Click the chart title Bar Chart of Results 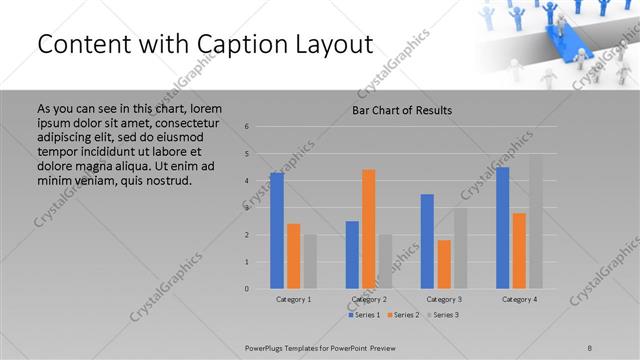[x=401, y=109]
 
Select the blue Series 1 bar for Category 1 [x=277, y=231]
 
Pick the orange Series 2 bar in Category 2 [x=368, y=229]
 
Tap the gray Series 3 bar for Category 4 [x=535, y=222]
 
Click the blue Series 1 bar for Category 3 [x=427, y=241]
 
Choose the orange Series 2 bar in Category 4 [x=519, y=251]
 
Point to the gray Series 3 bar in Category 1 [x=309, y=262]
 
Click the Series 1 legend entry [x=363, y=315]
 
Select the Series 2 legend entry [x=403, y=315]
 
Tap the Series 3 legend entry [x=443, y=315]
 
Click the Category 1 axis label [x=293, y=299]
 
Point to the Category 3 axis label [x=443, y=299]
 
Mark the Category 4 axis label [x=519, y=299]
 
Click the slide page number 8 [x=590, y=346]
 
